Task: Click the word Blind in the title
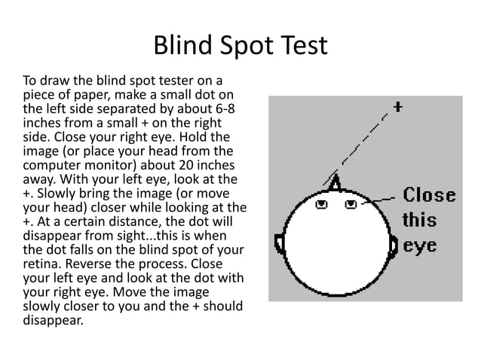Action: coord(183,45)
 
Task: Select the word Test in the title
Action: coord(304,45)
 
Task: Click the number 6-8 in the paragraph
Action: coord(223,108)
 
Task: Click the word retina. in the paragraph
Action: coord(42,264)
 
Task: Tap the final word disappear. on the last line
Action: coord(53,321)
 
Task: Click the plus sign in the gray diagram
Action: coord(397,107)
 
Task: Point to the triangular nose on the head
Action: coord(335,182)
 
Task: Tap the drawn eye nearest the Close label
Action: coord(351,204)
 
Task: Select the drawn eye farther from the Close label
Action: coord(321,204)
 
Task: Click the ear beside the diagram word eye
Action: coord(393,246)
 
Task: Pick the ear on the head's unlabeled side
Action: coord(279,244)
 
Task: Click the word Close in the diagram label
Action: coord(429,195)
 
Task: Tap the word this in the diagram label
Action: coord(419,220)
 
